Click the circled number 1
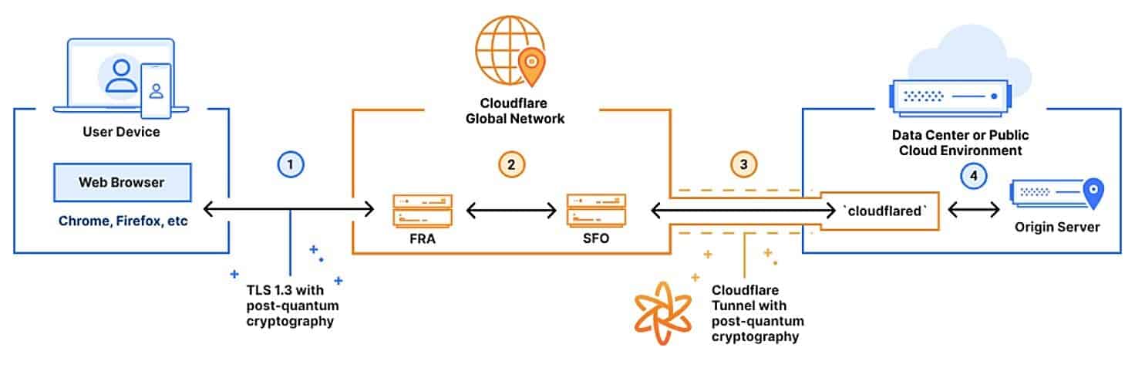click(290, 164)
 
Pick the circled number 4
click(974, 176)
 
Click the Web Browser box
click(122, 183)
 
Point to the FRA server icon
click(422, 210)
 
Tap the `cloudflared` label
click(881, 210)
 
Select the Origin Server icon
click(1057, 195)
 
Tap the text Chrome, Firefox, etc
click(123, 221)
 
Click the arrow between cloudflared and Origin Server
click(975, 209)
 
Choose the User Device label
click(122, 132)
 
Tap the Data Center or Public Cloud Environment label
click(959, 143)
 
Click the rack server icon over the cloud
click(945, 96)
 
